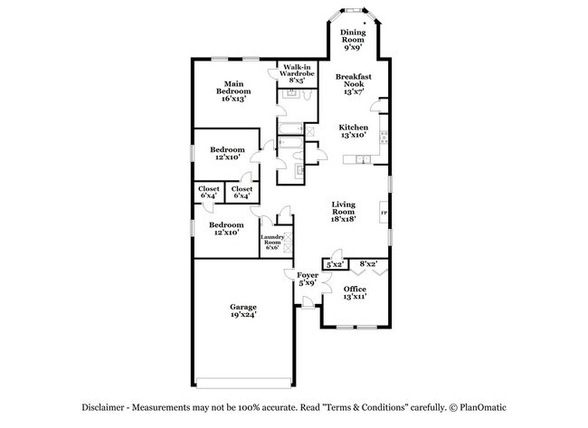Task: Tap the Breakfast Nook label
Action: pos(353,84)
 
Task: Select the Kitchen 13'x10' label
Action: pos(352,130)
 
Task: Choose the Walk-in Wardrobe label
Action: pos(297,73)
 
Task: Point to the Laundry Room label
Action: pos(273,241)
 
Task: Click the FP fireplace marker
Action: pos(384,214)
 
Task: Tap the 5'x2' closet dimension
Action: pos(334,264)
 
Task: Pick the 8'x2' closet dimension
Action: pos(368,263)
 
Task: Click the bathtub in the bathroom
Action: pos(292,142)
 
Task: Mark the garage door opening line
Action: pos(242,377)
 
